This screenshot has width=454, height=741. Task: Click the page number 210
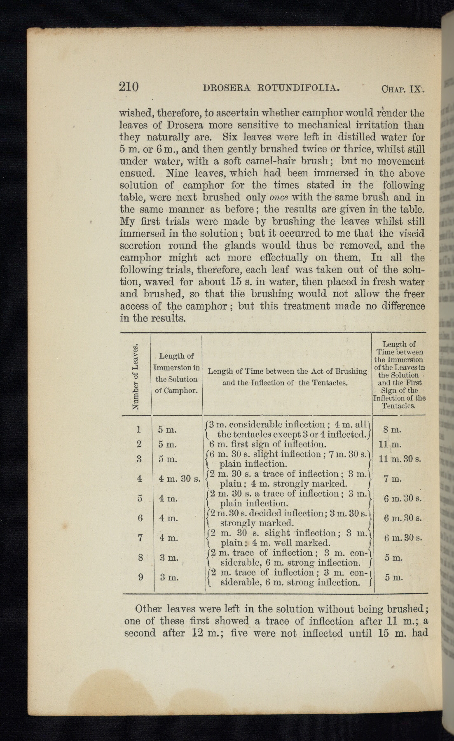129,87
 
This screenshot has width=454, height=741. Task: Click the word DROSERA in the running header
227,88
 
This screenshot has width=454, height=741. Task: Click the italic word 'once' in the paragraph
278,197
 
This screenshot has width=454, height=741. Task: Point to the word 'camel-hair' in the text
289,161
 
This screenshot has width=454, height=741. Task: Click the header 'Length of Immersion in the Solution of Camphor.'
176,373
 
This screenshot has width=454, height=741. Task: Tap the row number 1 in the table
139,429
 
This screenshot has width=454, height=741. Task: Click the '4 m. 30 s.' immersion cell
179,479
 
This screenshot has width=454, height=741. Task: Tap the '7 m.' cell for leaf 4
390,479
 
